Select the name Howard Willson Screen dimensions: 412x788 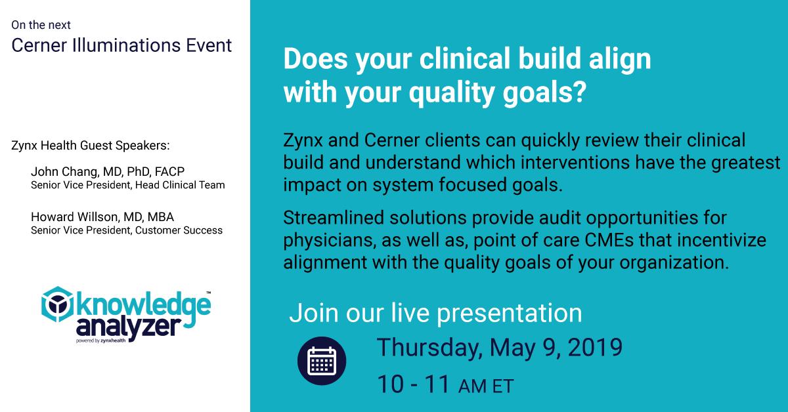69,217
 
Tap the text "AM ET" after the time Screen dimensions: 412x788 485,386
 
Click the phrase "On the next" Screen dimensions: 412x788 41,25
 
